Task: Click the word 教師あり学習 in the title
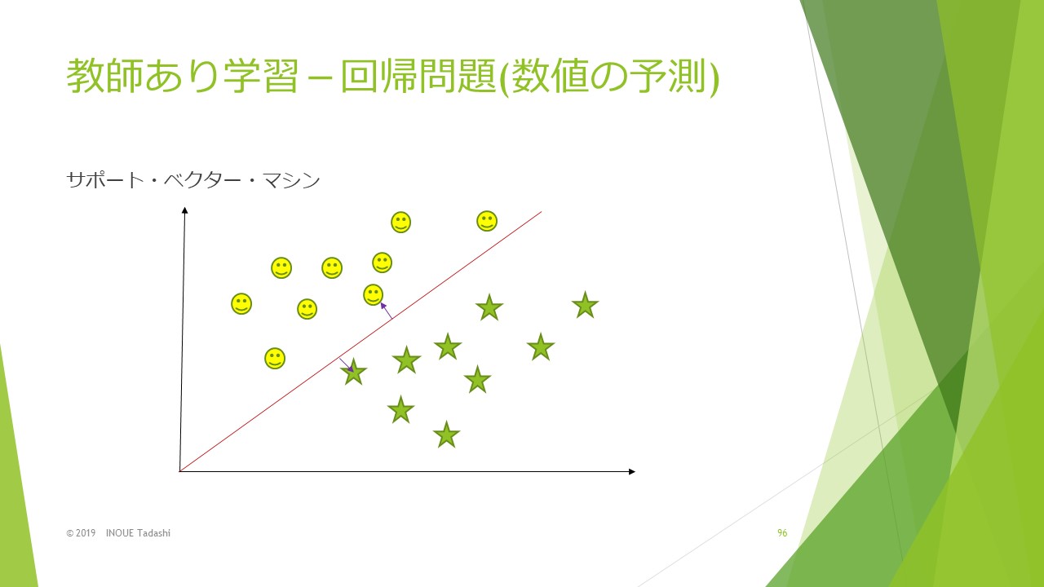pos(182,76)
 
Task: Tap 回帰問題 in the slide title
pos(418,76)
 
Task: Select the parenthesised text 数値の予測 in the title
pos(609,77)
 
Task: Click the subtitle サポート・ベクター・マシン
pos(193,180)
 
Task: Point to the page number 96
pos(782,533)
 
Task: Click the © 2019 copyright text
pos(81,533)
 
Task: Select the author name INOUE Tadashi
pos(138,533)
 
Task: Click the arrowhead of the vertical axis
pos(184,210)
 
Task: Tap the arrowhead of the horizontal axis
pos(632,471)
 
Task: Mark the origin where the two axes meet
pos(180,471)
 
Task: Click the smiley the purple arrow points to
pos(374,295)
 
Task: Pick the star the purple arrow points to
pos(354,373)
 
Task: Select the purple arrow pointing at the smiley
pos(387,311)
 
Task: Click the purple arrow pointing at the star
pos(347,364)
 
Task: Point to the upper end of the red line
pos(541,212)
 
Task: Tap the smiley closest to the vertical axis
pos(241,304)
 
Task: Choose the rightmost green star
pos(586,306)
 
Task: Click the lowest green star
pos(446,435)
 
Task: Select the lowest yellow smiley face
pos(275,359)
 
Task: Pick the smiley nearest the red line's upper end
pos(487,221)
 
